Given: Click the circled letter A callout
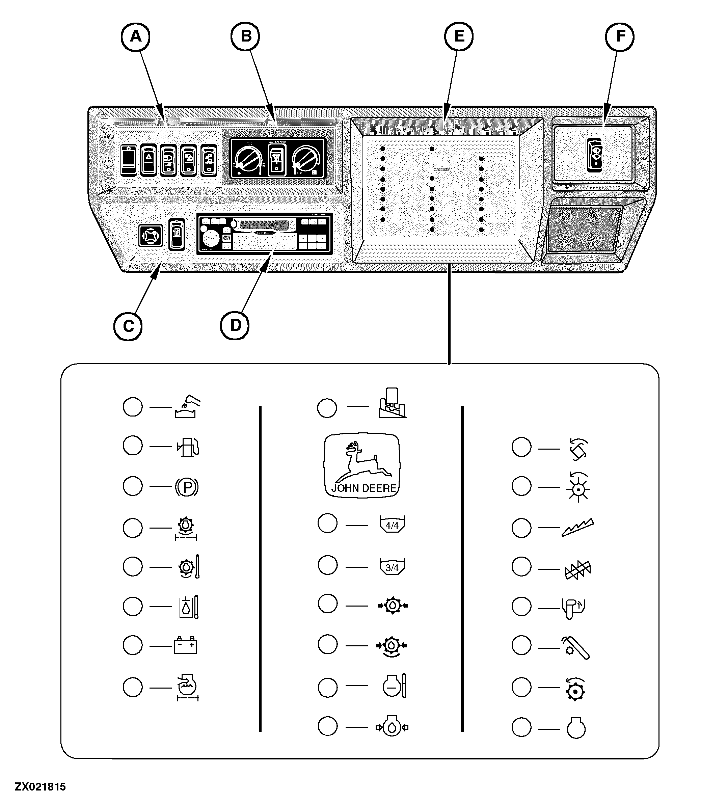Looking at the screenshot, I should pos(136,37).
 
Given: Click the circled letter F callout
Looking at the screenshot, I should pos(619,37).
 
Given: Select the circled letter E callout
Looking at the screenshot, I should pos(459,37).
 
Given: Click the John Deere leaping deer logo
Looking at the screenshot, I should pos(362,465).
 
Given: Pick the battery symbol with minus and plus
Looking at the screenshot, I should pos(185,645).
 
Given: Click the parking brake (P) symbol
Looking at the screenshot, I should pos(186,487).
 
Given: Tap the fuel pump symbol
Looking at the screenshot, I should pos(188,447).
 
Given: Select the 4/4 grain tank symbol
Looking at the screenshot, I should pos(392,525).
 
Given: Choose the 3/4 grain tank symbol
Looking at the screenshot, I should pos(392,567).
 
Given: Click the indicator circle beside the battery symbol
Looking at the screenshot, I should pos(132,645).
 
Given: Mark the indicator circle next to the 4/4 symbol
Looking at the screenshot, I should pos(327,523).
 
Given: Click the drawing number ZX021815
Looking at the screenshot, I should pos(40,787).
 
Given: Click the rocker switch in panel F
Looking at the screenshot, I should pos(595,155).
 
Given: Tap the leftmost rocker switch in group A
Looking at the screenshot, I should pos(128,160).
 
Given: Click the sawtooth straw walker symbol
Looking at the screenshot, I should pos(578,528).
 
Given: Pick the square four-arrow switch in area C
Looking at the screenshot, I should pos(150,235).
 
